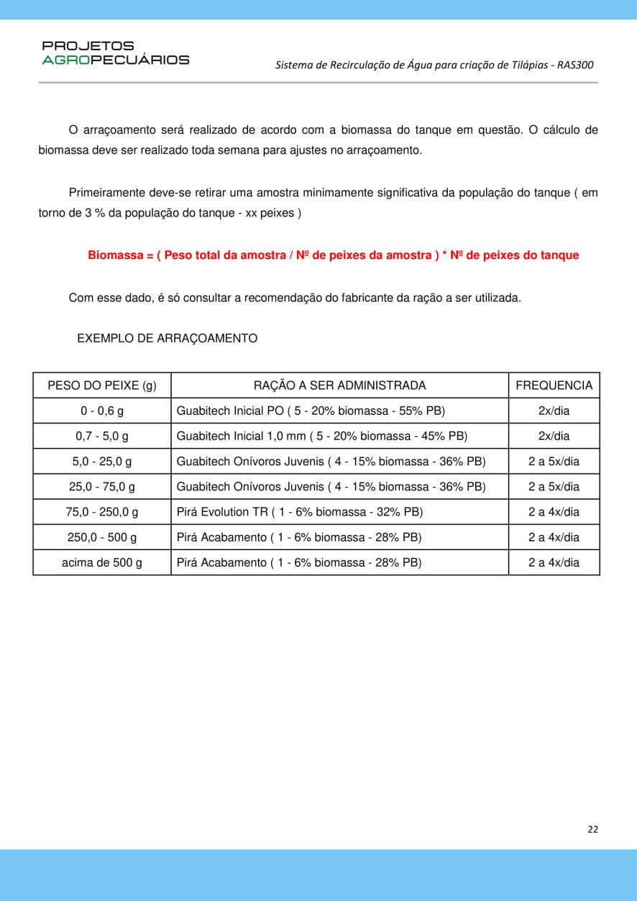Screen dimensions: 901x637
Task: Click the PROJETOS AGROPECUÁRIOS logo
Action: click(115, 53)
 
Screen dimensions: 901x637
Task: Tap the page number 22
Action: click(592, 829)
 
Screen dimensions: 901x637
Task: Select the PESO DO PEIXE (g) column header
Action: click(101, 385)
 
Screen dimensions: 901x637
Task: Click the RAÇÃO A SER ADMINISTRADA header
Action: click(339, 385)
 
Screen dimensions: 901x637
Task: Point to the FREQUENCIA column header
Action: click(554, 385)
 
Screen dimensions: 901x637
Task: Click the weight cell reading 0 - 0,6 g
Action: click(101, 411)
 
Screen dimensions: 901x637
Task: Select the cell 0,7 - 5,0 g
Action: click(101, 436)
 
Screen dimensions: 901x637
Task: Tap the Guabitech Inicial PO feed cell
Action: click(311, 411)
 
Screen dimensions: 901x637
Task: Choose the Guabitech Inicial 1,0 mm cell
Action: click(322, 436)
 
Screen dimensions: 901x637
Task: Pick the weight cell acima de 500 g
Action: click(101, 562)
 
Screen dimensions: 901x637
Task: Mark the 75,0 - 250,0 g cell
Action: click(101, 512)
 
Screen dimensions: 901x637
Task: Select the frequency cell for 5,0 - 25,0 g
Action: click(554, 462)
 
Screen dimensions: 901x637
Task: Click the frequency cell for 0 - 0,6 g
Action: click(554, 411)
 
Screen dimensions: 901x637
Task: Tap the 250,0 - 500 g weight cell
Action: click(101, 537)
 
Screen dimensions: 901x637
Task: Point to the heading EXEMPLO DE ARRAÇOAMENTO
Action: click(167, 338)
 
